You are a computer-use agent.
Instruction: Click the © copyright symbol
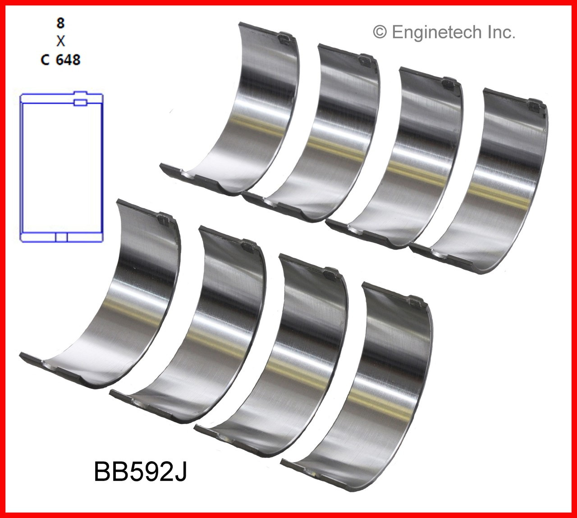tap(380, 32)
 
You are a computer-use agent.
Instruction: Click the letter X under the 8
tap(60, 42)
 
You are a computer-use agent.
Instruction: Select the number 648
tap(68, 59)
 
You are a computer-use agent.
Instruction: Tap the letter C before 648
tap(45, 59)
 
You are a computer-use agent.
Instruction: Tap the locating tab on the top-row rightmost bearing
tap(534, 106)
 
